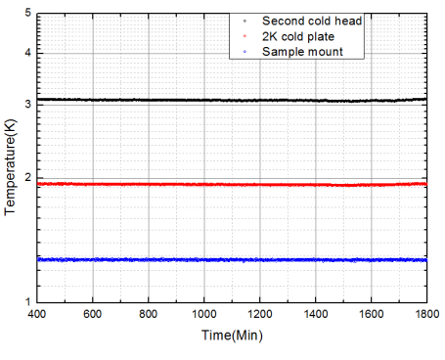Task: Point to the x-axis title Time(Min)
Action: coord(231,336)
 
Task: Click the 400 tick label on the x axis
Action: coord(37,316)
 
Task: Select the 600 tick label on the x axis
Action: coord(93,316)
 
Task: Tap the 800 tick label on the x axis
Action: coord(149,316)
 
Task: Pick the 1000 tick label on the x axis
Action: coord(203,316)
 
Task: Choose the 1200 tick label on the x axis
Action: coord(259,316)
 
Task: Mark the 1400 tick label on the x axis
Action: coord(315,316)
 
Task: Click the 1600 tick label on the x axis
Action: coord(371,316)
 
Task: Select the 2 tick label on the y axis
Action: coord(27,177)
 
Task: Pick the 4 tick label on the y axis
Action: coord(27,52)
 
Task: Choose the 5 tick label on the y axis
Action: coord(27,12)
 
